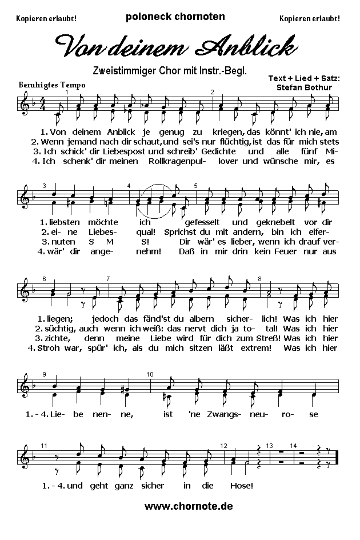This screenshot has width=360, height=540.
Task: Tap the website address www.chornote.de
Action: pos(189,506)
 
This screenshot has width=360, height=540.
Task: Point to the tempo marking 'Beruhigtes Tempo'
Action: pos(52,85)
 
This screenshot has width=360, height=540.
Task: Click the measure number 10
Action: pos(150,374)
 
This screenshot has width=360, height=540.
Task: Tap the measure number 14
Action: pos(293,445)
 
